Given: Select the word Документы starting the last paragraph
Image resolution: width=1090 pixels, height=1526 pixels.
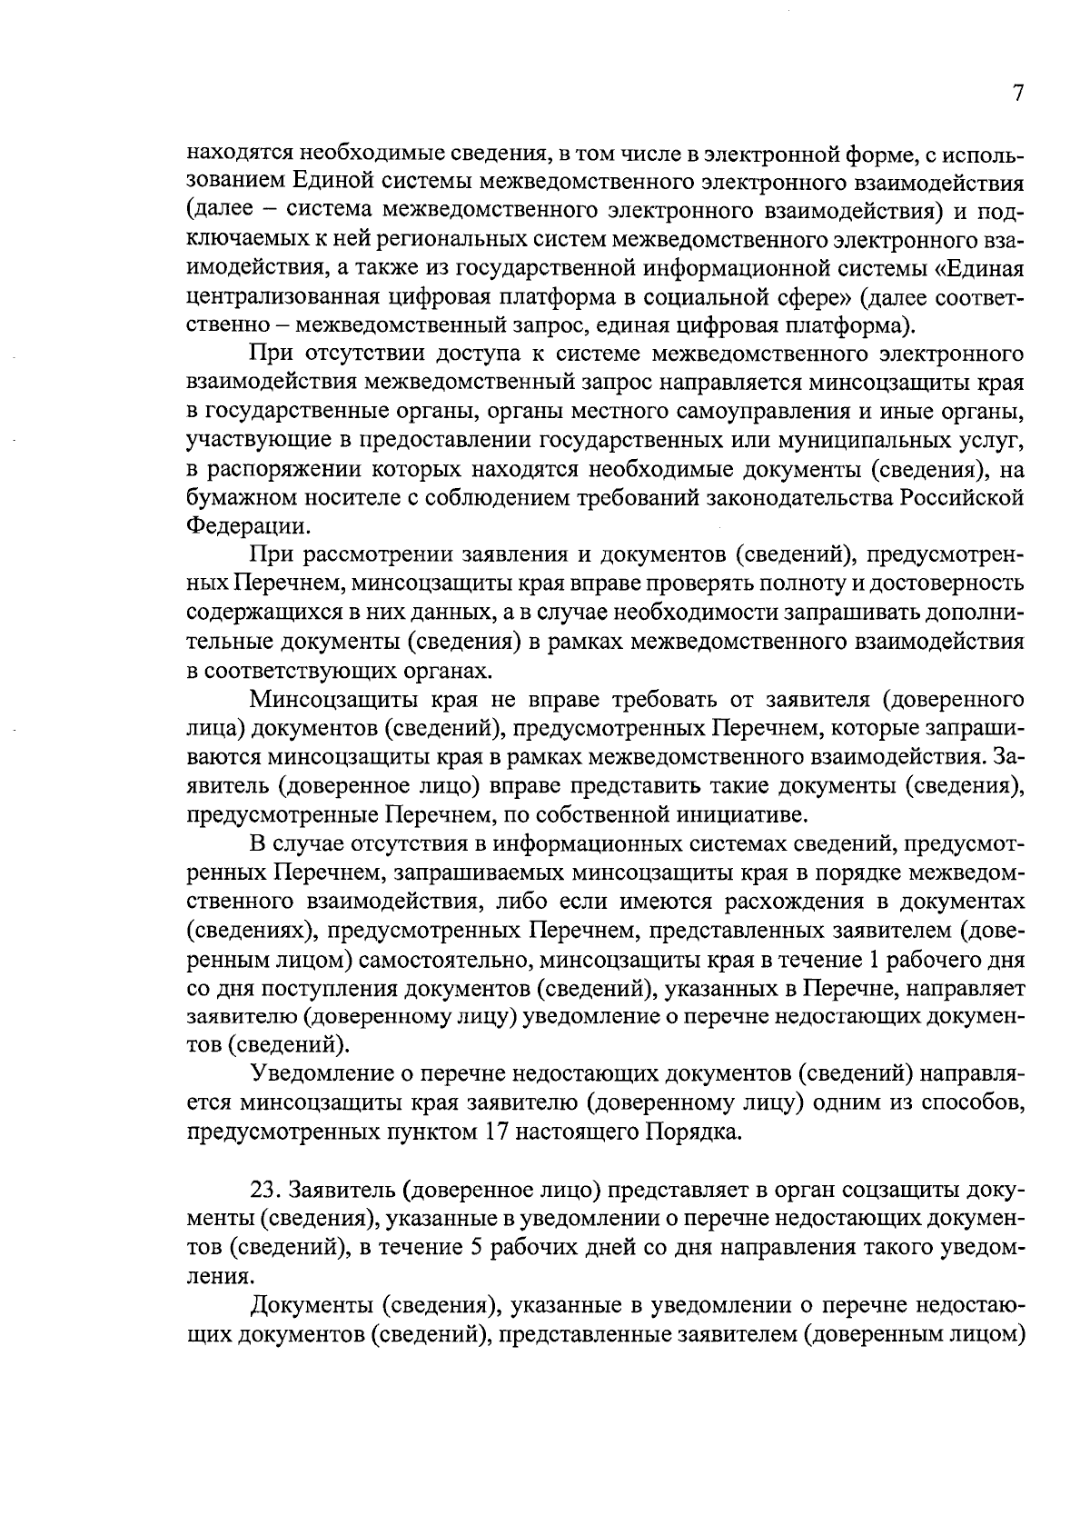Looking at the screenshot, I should (x=309, y=1306).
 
